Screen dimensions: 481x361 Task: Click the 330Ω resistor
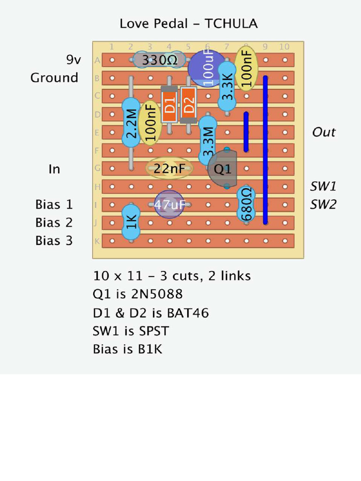tap(159, 60)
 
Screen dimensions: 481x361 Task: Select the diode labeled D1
tap(169, 105)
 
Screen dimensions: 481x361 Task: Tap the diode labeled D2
tap(188, 105)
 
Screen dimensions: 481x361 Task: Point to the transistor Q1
tap(223, 169)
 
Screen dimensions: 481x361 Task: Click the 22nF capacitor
tap(169, 168)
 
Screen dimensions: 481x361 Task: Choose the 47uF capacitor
tap(169, 204)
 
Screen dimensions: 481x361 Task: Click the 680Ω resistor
tap(246, 204)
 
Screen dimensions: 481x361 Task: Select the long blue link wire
tap(265, 149)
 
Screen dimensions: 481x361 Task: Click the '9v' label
tap(73, 60)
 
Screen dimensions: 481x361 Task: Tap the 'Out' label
tap(324, 132)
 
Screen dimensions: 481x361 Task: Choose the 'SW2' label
tap(323, 204)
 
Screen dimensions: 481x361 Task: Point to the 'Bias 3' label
tap(54, 240)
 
